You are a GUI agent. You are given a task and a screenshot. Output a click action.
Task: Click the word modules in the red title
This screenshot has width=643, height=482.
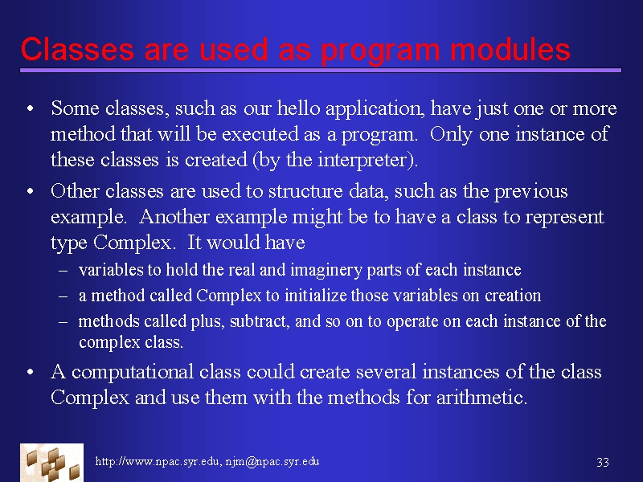[x=510, y=49]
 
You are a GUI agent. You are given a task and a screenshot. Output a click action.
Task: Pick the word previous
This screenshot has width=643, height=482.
[x=530, y=192]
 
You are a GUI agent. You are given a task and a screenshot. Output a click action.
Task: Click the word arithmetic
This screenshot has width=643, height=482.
[x=481, y=398]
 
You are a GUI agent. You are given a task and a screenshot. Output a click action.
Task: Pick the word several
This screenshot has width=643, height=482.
[x=386, y=372]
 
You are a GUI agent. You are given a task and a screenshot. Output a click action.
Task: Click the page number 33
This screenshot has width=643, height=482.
[x=602, y=463]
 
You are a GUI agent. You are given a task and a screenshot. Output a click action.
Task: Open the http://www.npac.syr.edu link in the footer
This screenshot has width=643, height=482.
[x=157, y=461]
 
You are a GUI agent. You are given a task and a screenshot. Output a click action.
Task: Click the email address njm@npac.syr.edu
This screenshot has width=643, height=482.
[x=272, y=461]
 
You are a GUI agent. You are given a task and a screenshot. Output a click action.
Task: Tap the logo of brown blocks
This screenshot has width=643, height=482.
[x=51, y=463]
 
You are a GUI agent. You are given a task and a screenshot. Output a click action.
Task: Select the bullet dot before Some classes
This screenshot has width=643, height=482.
[x=30, y=109]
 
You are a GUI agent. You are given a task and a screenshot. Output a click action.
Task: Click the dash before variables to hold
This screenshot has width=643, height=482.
[x=63, y=271]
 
